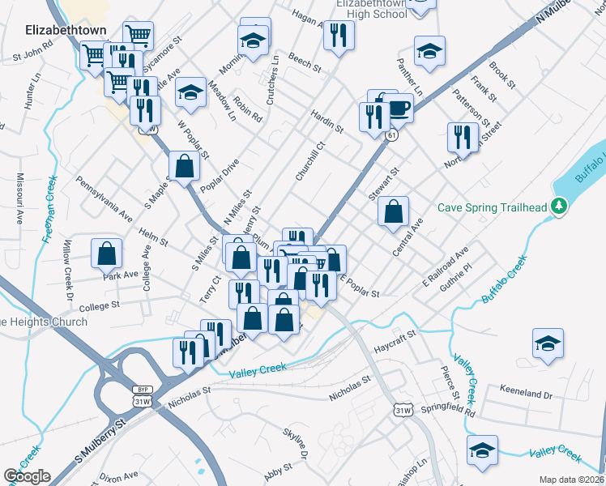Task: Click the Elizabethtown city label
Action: [55, 30]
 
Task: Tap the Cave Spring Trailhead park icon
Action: [558, 207]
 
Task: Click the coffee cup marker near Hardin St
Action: [398, 107]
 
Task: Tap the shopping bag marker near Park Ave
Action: [106, 254]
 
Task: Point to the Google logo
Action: [27, 476]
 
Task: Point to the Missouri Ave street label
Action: [16, 198]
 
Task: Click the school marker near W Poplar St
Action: [190, 93]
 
